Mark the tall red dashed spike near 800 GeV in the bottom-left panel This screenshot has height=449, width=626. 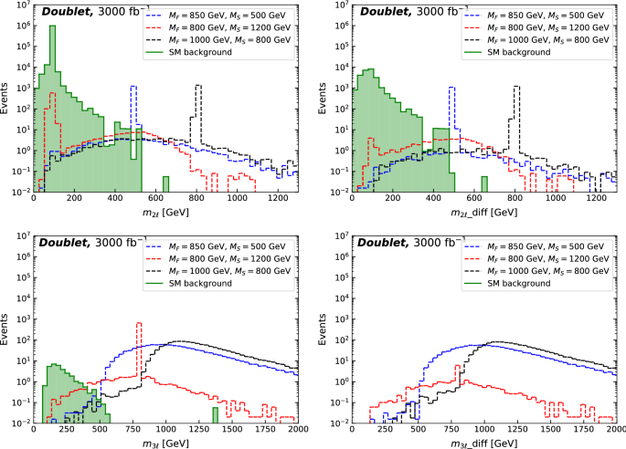tap(139, 347)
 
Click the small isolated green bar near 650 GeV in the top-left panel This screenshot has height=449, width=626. tap(165, 183)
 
